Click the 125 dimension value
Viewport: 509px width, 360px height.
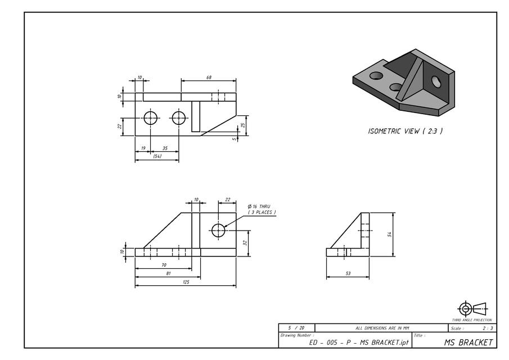(186, 282)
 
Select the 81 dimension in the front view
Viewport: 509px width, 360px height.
(168, 273)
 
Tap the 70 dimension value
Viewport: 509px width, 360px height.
(164, 264)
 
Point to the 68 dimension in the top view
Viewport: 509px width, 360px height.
(209, 77)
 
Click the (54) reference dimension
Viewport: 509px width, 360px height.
(157, 156)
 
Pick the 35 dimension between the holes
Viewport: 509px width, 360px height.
(165, 148)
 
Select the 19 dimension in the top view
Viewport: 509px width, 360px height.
(143, 148)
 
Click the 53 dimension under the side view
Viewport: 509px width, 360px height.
(348, 273)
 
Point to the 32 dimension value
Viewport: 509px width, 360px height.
(245, 243)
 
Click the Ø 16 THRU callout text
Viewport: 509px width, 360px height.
(259, 206)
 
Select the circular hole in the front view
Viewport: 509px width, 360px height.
(218, 229)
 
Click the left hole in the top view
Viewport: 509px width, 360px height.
(150, 118)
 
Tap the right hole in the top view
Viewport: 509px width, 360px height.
(179, 118)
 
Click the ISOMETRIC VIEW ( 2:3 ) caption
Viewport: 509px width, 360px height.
(405, 131)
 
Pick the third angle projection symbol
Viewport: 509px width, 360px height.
(472, 308)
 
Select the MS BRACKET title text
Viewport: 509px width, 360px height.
(468, 342)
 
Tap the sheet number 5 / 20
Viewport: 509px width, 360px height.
(296, 327)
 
